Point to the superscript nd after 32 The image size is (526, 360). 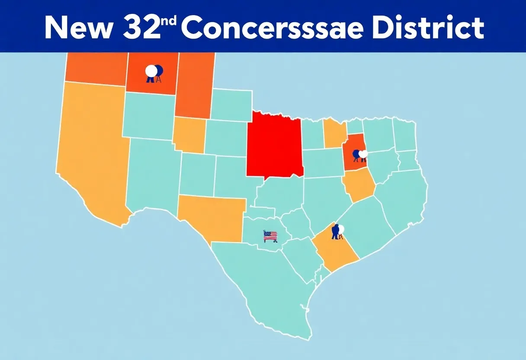pos(171,22)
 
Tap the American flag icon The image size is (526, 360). pos(270,236)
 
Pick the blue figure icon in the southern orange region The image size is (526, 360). pos(335,232)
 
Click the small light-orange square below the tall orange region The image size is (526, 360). pos(189,134)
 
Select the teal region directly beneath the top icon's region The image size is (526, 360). pos(148,116)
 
